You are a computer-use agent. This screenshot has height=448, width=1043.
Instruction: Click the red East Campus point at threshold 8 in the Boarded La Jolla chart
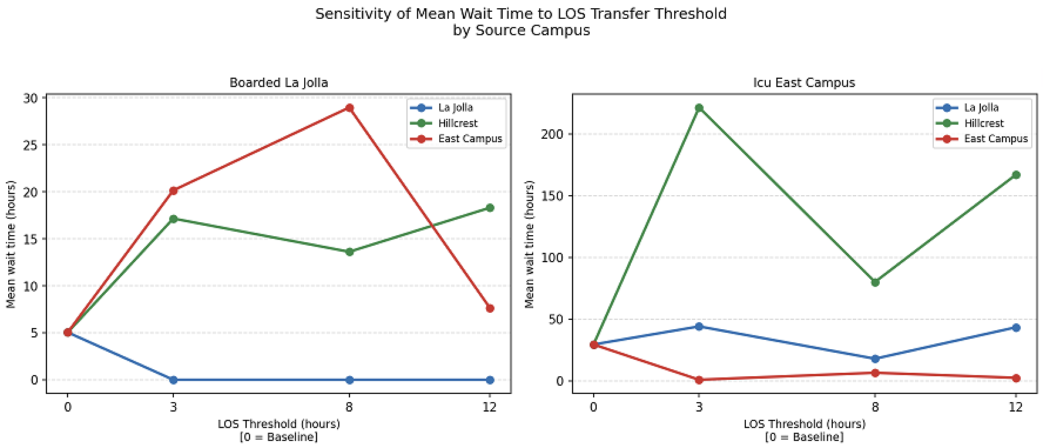coord(349,108)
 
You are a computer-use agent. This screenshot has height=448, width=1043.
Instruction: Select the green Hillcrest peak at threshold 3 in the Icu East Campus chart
coord(699,108)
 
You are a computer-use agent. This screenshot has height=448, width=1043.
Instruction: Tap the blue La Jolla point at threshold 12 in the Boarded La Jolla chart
coord(490,380)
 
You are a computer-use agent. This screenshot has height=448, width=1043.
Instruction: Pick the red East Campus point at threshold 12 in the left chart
coord(490,308)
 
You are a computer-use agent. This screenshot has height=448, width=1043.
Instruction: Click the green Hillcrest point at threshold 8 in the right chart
coord(875,282)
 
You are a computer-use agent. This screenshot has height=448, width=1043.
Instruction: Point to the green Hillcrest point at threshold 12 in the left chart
coord(490,208)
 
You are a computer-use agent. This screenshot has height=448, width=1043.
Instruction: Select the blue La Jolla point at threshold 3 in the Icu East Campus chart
coord(699,326)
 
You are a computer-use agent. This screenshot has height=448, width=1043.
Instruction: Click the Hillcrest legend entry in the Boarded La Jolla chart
coord(457,123)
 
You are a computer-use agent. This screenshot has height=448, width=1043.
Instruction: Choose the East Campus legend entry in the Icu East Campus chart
coord(995,139)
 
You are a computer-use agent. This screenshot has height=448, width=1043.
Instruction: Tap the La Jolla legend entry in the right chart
coord(981,108)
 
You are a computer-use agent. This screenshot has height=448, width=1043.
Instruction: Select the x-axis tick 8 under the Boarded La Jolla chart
coord(349,406)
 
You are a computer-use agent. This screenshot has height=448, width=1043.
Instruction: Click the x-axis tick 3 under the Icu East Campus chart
coord(699,406)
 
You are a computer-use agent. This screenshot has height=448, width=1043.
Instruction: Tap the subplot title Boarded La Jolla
coord(278,83)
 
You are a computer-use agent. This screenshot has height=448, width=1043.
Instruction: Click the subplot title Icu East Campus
coord(804,83)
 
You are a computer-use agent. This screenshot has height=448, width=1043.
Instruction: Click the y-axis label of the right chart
coord(529,244)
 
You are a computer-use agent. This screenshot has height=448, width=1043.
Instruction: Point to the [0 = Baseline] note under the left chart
coord(278,437)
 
